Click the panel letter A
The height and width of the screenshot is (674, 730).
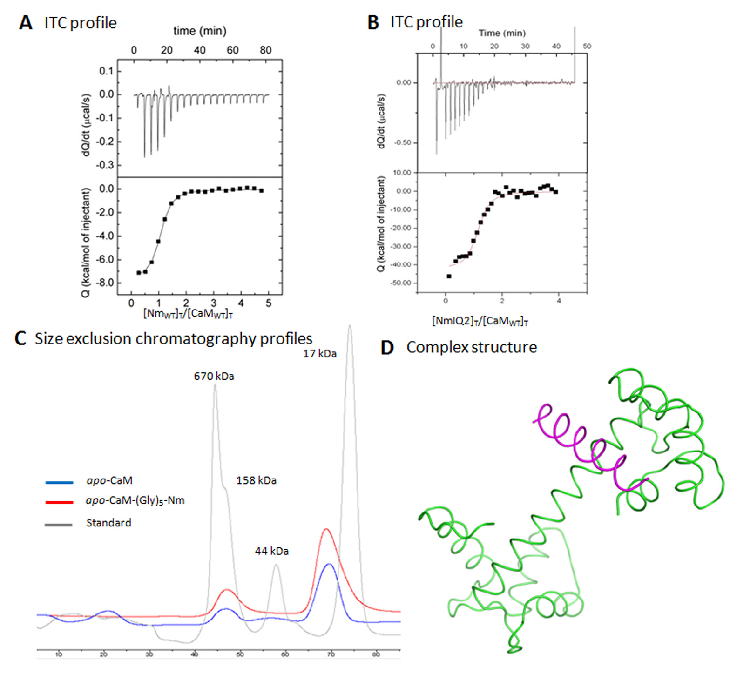pos(26,22)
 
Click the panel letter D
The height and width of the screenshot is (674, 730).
pos(387,348)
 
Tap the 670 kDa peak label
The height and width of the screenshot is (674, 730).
pos(214,376)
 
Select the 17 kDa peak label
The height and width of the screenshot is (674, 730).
pos(319,354)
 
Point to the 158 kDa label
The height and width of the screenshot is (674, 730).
pos(256,480)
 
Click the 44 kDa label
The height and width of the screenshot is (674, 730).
pos(271,551)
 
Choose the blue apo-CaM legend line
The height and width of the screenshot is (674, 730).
pos(59,482)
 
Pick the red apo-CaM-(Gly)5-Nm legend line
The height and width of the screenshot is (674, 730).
pos(59,502)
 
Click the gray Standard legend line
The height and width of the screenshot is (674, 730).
pos(59,525)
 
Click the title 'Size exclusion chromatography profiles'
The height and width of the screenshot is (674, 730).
pos(173,338)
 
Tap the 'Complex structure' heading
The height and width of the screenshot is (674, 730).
pos(471,347)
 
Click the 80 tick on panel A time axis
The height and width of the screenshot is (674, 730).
pos(265,50)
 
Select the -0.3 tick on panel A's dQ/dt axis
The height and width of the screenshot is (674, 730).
pos(106,165)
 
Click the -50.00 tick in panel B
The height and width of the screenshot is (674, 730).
pos(403,283)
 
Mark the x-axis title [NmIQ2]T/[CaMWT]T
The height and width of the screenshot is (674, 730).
pos(480,321)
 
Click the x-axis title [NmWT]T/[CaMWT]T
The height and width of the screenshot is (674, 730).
pos(188,313)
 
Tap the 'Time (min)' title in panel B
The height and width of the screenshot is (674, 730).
pos(502,33)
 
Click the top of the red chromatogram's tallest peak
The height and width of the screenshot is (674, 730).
pos(326,529)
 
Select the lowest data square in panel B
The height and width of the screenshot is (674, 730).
pos(449,276)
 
